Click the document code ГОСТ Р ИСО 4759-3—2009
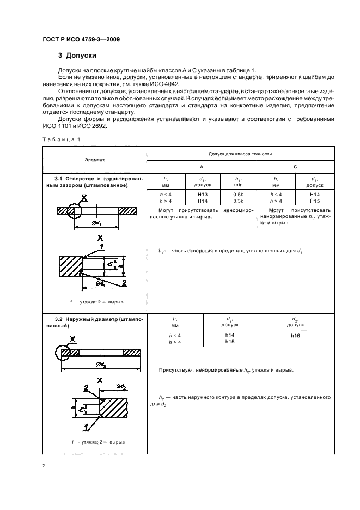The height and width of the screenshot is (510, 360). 81,40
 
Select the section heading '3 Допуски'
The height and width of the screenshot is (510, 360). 77,56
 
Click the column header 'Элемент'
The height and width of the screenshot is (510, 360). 95,160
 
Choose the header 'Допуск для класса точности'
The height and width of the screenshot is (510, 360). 240,154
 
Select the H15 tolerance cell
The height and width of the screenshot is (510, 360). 315,201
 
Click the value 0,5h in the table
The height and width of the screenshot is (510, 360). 238,194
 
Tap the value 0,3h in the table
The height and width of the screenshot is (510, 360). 238,201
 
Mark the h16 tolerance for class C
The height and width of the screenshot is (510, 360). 295,336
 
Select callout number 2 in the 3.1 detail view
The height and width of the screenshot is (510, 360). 124,282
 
